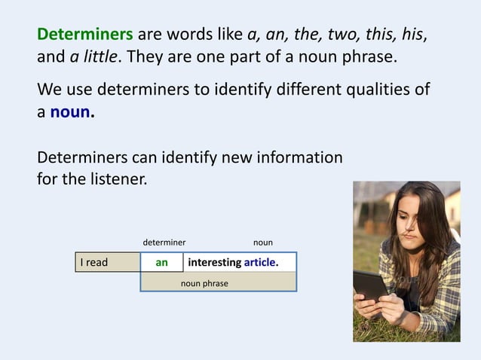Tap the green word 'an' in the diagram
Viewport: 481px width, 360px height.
161,263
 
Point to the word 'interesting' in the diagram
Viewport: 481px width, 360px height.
214,263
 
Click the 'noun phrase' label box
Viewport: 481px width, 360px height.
204,283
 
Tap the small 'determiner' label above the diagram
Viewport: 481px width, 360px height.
164,243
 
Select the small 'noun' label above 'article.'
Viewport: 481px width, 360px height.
263,243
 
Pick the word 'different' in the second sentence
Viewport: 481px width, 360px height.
297,90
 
